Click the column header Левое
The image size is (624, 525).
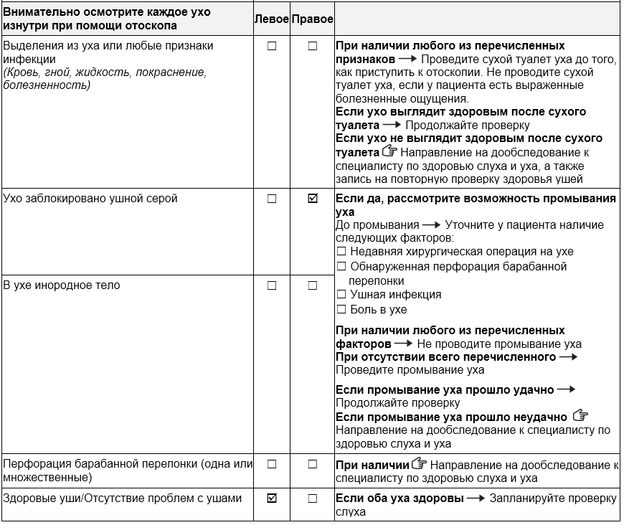point(272,19)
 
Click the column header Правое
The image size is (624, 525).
point(312,19)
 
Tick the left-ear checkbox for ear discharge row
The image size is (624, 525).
point(272,46)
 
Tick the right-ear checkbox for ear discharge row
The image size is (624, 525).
point(312,46)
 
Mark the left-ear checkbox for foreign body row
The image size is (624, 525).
point(272,285)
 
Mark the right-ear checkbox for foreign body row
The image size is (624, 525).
point(312,285)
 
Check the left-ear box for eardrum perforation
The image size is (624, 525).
point(272,464)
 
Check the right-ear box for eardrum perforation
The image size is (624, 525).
point(312,464)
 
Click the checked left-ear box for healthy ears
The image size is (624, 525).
point(272,498)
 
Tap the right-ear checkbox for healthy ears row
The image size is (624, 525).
point(312,498)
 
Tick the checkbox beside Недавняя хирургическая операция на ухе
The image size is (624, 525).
point(341,252)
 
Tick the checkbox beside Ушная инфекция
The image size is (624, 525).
point(341,295)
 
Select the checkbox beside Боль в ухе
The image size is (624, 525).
point(341,310)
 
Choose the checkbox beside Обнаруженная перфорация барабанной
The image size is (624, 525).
point(341,267)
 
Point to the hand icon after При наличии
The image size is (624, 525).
point(420,464)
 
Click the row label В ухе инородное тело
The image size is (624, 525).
point(62,285)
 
